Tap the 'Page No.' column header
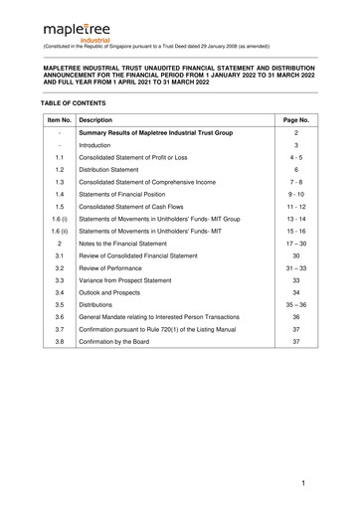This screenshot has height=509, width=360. coord(297,118)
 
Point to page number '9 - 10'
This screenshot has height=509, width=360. coord(297,203)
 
